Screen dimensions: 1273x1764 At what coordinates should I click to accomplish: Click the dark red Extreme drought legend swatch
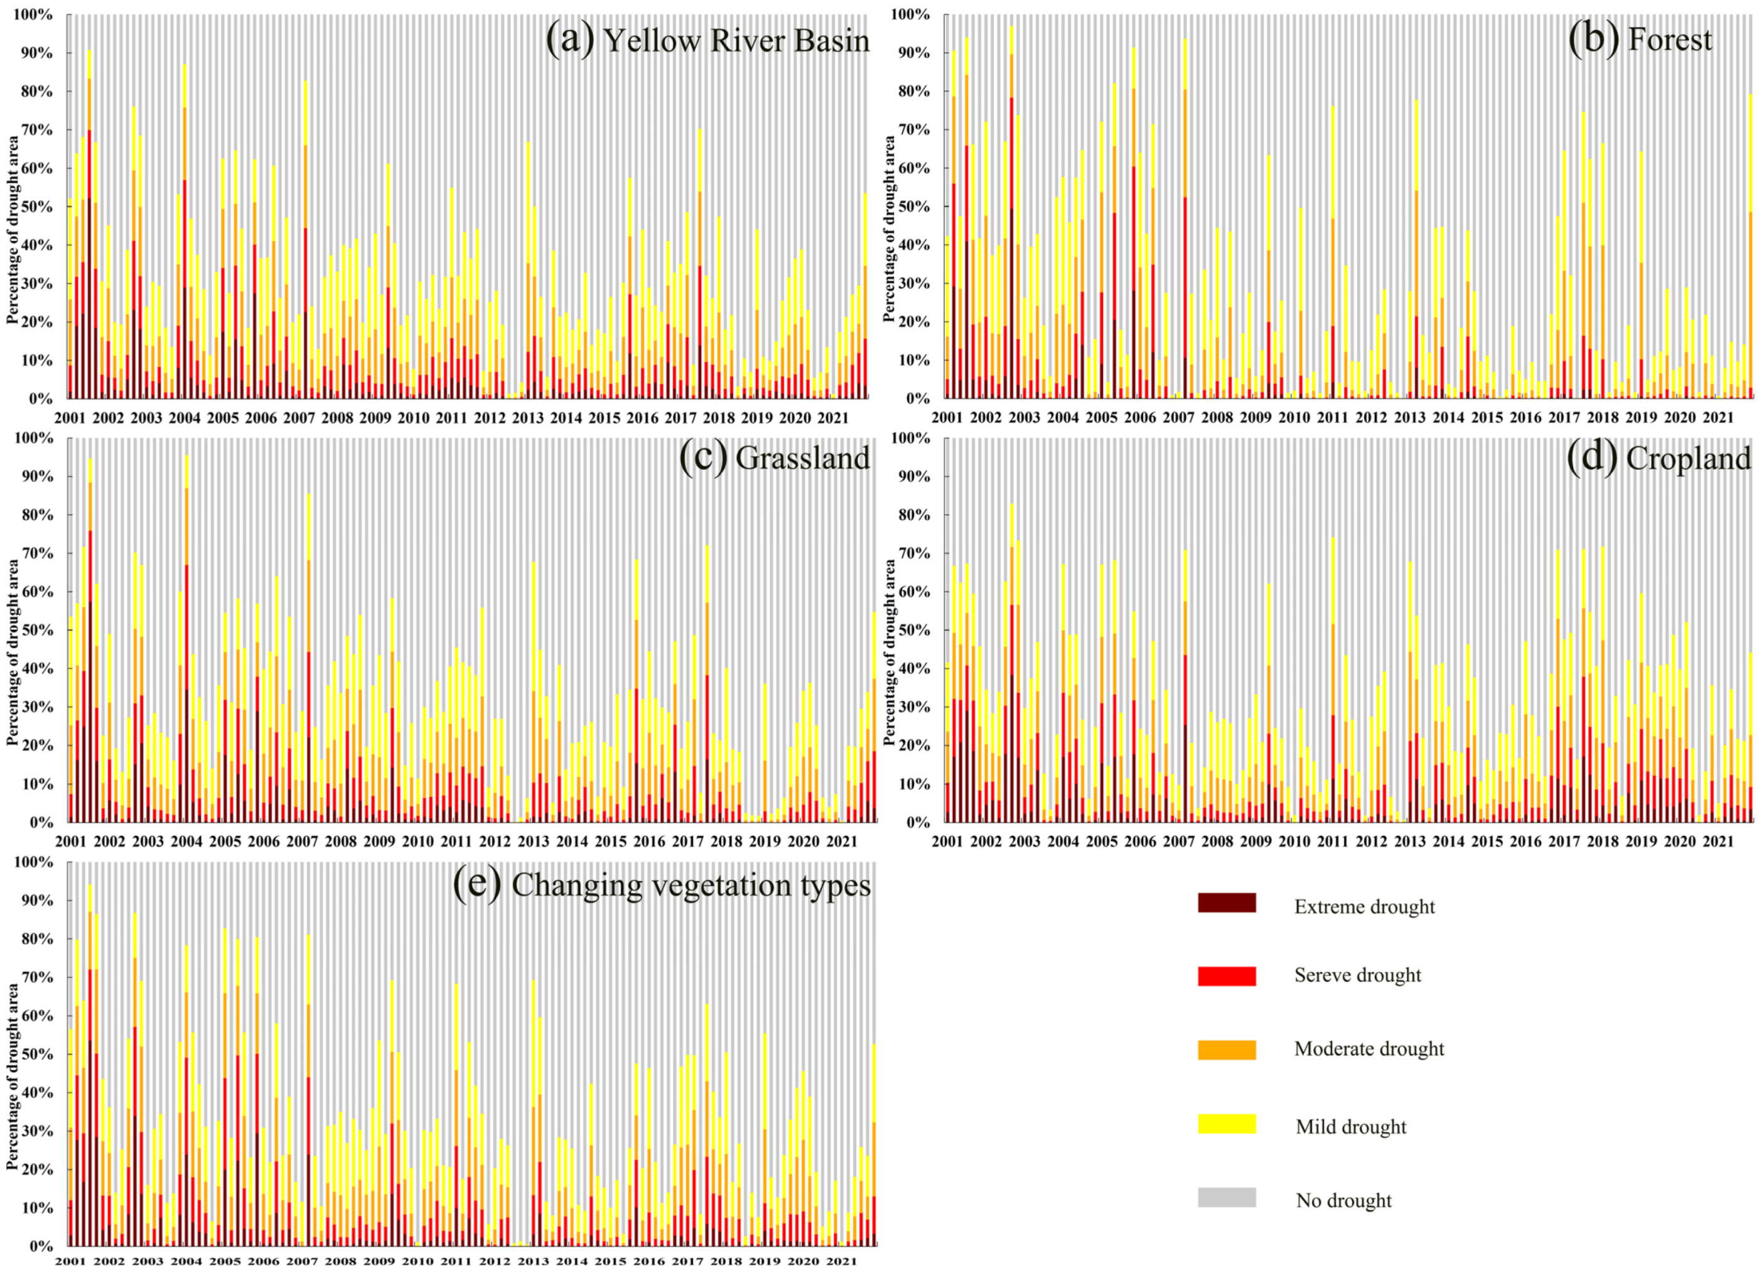[1227, 902]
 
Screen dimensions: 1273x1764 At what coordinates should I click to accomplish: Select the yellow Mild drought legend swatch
[1227, 1124]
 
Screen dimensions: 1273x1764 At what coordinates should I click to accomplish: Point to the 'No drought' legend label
[1343, 1200]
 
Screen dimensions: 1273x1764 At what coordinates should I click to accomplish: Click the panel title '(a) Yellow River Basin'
[707, 40]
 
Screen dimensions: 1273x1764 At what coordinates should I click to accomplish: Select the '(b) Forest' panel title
[1640, 40]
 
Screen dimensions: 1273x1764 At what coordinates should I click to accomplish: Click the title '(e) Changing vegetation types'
[662, 885]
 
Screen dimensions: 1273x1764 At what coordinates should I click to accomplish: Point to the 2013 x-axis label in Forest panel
[1409, 418]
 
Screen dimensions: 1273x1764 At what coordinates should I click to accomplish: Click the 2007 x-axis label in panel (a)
[299, 418]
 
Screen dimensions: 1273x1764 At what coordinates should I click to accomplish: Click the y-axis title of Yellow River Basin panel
[13, 230]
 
